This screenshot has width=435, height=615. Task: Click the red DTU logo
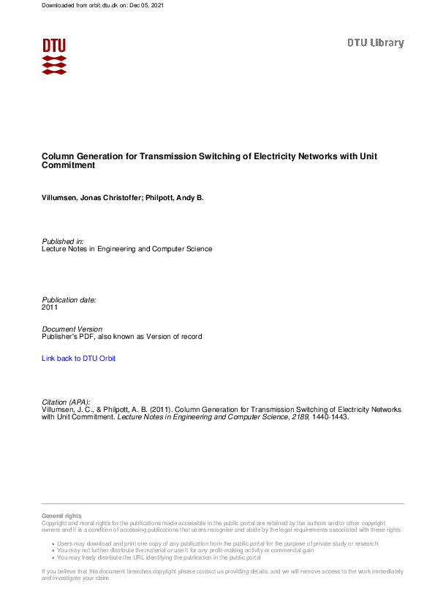(x=54, y=56)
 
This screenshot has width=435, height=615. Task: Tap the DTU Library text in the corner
(x=375, y=43)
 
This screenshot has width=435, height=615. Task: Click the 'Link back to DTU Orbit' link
(x=78, y=359)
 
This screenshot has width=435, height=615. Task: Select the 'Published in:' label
(x=63, y=241)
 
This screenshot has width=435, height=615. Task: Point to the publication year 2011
(x=50, y=307)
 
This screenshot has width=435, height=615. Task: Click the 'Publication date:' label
(x=69, y=299)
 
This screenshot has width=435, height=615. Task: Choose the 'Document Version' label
(x=72, y=329)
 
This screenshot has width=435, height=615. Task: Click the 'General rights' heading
(x=61, y=516)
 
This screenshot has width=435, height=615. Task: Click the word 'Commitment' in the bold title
(x=69, y=166)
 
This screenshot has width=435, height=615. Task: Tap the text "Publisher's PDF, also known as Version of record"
(x=121, y=337)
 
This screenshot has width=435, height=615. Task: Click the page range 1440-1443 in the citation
(x=322, y=418)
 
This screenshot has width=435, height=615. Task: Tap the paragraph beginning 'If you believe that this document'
(x=219, y=574)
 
